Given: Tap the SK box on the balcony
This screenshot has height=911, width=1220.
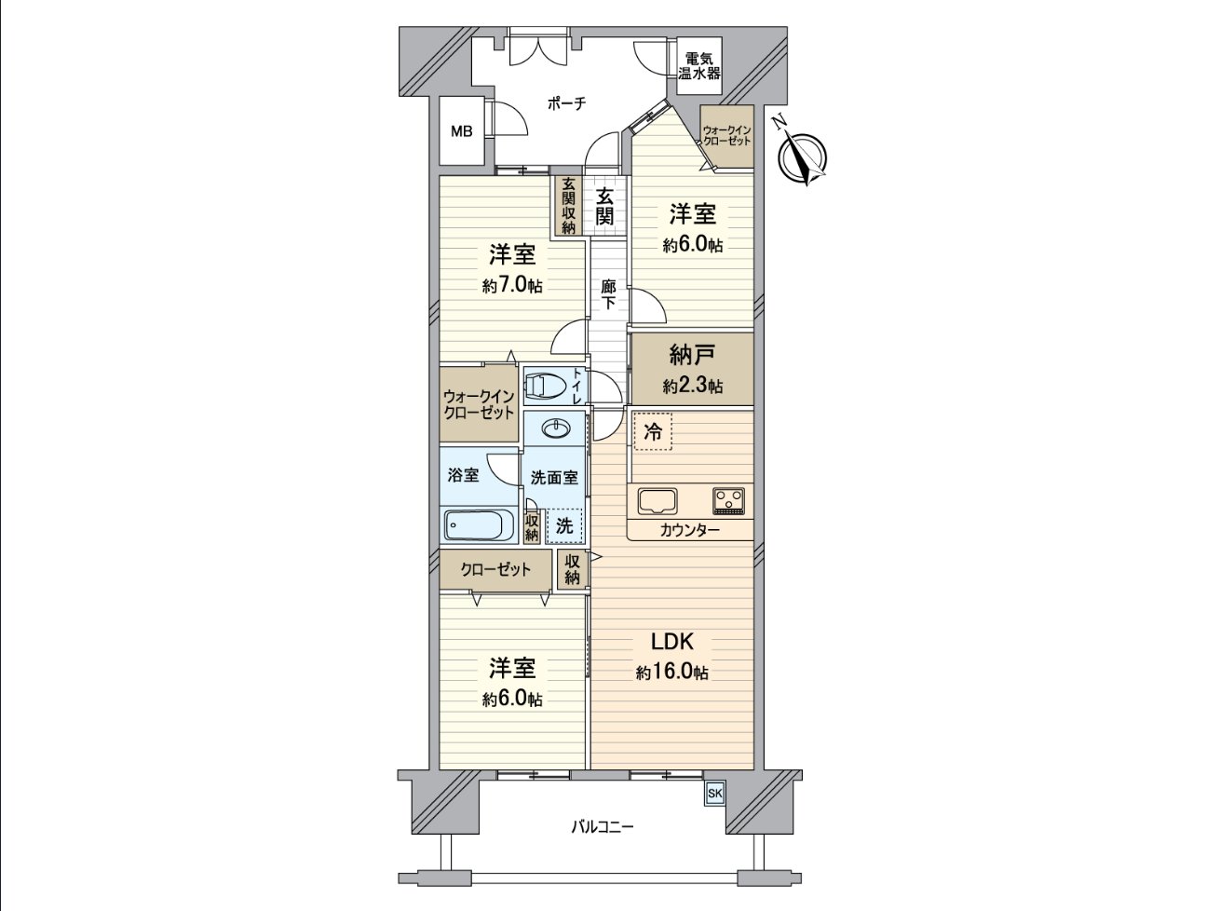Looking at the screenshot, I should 714,793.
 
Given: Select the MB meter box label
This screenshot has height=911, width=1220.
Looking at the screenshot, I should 462,131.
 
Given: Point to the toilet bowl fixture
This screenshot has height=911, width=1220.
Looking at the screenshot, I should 547,385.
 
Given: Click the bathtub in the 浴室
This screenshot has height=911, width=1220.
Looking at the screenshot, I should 479,525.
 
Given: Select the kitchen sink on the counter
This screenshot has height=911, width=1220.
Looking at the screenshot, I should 658,500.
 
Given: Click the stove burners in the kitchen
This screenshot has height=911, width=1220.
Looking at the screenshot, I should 729,500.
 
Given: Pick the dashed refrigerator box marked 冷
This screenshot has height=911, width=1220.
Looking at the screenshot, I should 653,432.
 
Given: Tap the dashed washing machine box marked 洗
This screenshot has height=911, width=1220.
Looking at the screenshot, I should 564,525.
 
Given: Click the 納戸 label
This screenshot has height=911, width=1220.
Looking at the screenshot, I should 692,355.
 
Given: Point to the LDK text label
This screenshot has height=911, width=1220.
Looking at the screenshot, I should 671,642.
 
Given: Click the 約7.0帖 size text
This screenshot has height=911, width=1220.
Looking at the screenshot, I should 512,286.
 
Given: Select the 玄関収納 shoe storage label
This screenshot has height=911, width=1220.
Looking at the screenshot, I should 567,205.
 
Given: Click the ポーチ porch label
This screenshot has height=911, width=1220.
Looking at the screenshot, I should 566,104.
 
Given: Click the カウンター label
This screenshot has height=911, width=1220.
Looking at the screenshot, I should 689,530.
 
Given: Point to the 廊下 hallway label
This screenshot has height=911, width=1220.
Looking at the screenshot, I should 607,294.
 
